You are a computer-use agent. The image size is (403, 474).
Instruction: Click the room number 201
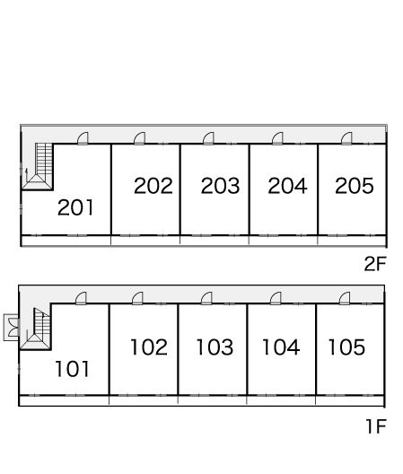(x=75, y=207)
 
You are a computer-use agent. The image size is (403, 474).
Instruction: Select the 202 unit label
(x=153, y=185)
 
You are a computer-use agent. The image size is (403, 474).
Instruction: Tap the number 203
(x=221, y=185)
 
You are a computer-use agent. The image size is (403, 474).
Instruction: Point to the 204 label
(x=287, y=185)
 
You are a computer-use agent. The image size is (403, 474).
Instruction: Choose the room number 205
(x=355, y=185)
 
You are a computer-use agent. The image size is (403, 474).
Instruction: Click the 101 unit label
(x=73, y=369)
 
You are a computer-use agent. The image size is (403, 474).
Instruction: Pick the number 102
(x=149, y=347)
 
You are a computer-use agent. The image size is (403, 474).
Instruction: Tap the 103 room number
(x=215, y=347)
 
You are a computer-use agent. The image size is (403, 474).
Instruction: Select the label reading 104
(x=281, y=347)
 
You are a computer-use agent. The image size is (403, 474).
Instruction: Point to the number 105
(x=346, y=347)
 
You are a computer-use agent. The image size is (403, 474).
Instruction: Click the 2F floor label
(x=375, y=264)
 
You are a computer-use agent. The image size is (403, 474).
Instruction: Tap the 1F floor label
(x=376, y=426)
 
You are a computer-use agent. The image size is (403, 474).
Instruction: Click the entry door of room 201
(x=83, y=139)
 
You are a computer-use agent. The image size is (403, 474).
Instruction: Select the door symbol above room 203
(x=208, y=139)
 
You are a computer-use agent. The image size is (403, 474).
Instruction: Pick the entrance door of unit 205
(x=346, y=139)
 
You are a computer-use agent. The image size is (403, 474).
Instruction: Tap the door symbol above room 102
(x=137, y=298)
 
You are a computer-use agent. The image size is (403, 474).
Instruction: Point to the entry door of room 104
(x=276, y=298)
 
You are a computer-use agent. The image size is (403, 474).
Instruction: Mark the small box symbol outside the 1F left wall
(x=12, y=328)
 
